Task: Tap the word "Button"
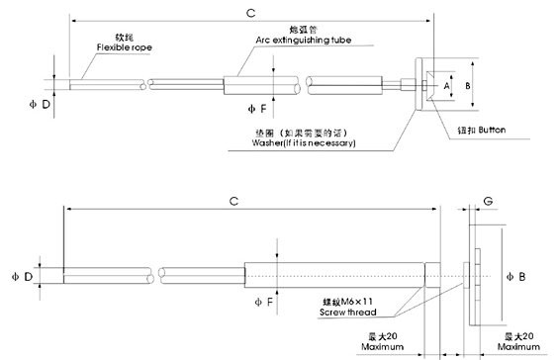coord(492,130)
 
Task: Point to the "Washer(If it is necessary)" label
coord(305,143)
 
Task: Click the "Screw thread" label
coord(346,313)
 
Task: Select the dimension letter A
coord(446,87)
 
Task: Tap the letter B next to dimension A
coord(467,87)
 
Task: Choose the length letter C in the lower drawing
coord(234,201)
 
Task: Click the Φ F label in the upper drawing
coord(256,107)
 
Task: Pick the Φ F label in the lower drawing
coord(261,300)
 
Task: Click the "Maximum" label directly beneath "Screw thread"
coord(383,348)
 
